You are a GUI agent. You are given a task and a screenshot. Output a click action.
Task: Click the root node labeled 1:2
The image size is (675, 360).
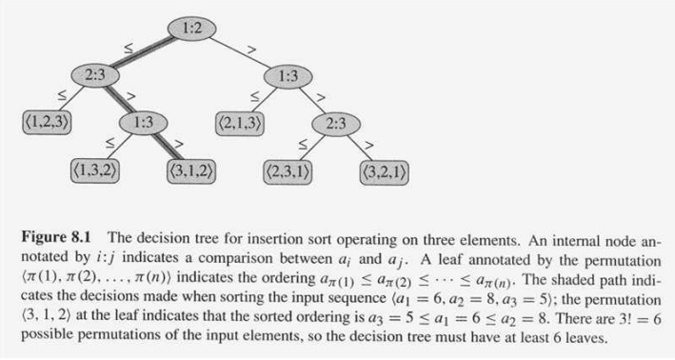[x=191, y=30]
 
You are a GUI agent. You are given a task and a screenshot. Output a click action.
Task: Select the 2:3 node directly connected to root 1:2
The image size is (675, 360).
[x=94, y=74]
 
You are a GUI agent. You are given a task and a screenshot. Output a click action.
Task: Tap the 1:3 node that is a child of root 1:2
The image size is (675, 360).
[x=288, y=74]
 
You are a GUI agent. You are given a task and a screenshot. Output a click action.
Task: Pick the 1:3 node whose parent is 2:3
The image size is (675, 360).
[x=143, y=121]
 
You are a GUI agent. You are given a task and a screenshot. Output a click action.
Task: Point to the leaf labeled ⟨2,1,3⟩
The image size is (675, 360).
[x=240, y=121]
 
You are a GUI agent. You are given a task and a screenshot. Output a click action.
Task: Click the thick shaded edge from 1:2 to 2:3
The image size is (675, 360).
[x=143, y=51]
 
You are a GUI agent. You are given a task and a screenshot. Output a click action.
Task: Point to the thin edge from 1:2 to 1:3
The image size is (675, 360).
[x=240, y=51]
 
